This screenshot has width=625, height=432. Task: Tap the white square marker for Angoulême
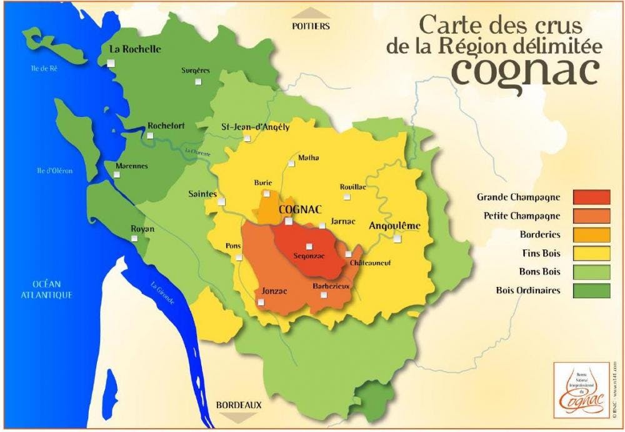pos(397,238)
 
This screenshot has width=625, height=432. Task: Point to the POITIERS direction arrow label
pos(311,26)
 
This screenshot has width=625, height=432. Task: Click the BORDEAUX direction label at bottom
pos(239,405)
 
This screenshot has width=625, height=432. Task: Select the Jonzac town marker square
pos(261,303)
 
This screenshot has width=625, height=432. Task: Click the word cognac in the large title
pos(525,70)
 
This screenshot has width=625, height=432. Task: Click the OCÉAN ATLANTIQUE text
pos(47,289)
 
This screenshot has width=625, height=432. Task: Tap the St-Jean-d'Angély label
pos(256,127)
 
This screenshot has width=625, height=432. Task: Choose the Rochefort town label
pos(166,126)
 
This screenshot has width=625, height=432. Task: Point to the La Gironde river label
pos(162,295)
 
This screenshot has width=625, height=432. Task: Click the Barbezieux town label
pos(331,286)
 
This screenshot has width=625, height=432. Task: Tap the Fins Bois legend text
pos(541,253)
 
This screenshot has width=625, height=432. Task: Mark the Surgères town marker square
pos(197,81)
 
